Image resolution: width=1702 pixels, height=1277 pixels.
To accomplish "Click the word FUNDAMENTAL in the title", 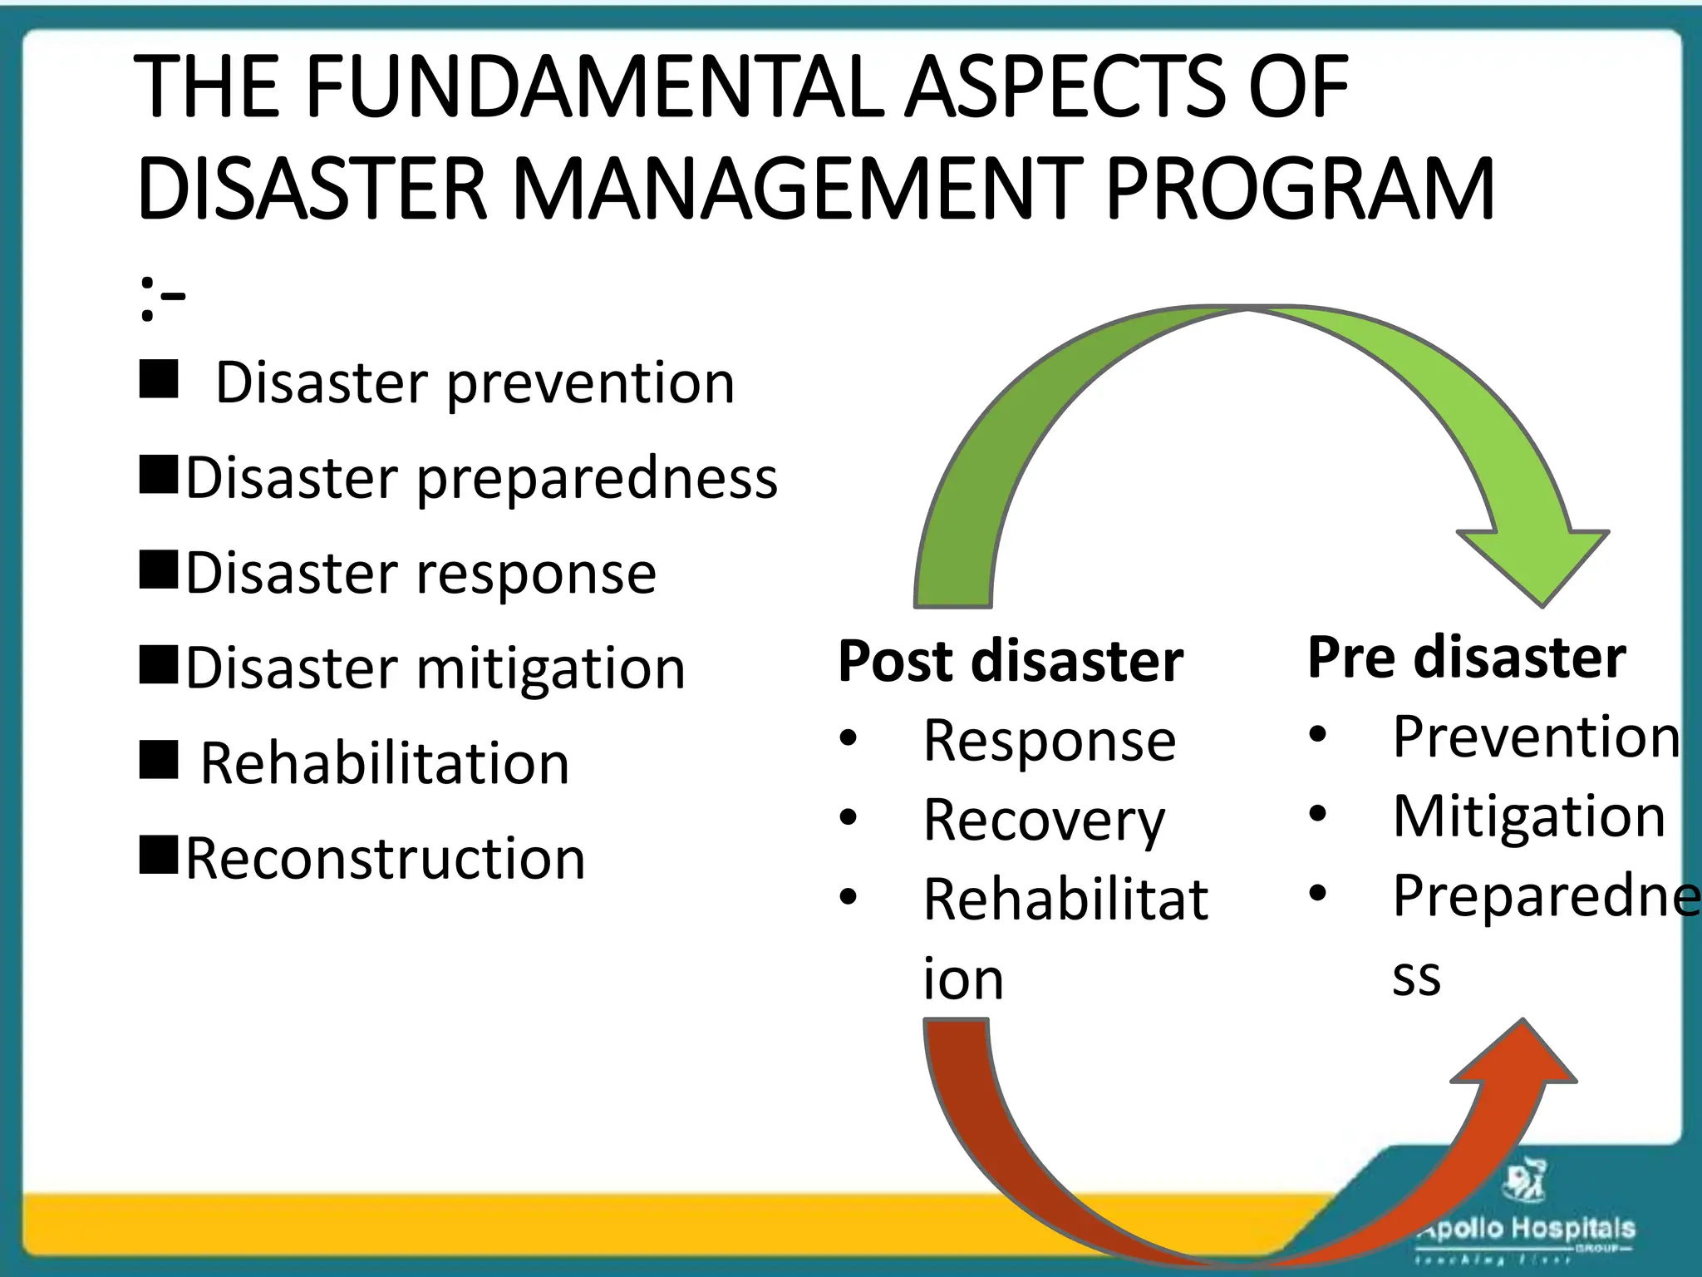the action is click(594, 87).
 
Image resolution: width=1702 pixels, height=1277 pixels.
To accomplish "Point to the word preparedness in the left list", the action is click(597, 480).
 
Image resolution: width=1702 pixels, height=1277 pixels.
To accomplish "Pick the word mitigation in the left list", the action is click(550, 668).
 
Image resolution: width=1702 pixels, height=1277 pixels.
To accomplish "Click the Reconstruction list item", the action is click(385, 858).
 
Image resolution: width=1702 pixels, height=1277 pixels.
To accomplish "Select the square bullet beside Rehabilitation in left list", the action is click(159, 760).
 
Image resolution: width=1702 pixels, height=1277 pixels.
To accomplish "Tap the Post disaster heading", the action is click(1011, 662).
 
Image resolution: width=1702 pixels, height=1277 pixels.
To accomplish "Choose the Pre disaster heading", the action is click(1466, 658).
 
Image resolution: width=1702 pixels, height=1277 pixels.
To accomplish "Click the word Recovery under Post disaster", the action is click(1044, 821).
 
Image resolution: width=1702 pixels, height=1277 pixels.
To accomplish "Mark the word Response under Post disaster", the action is click(1050, 741).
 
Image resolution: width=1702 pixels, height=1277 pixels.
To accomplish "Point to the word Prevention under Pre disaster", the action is click(1536, 737).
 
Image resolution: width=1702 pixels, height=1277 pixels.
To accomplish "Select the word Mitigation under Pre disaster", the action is click(1529, 816).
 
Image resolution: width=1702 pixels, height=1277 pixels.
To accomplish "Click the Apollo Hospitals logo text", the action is click(1527, 1229).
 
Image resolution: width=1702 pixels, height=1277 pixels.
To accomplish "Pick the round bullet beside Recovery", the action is click(848, 817).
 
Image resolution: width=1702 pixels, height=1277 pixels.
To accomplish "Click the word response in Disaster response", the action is click(536, 574).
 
